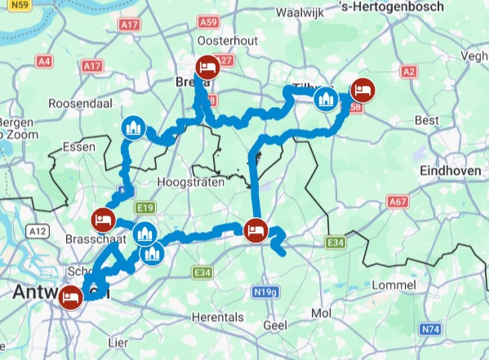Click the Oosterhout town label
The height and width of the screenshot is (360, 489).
[x=213, y=39]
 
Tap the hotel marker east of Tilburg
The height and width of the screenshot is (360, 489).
[x=362, y=91]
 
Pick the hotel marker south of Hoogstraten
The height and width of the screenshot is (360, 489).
[x=256, y=229]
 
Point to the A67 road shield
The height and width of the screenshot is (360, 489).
[x=398, y=201]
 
